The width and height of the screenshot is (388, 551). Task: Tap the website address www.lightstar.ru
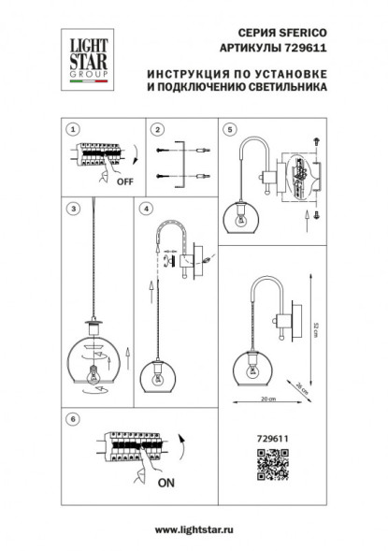tap(194, 530)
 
